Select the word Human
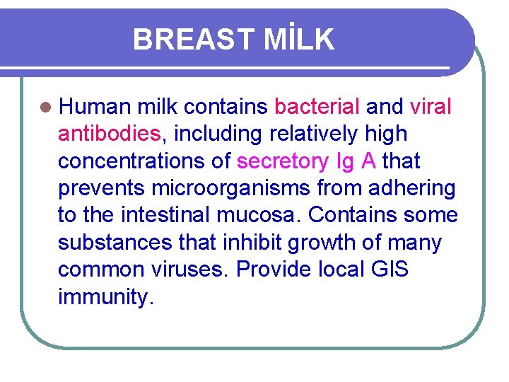[94, 107]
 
